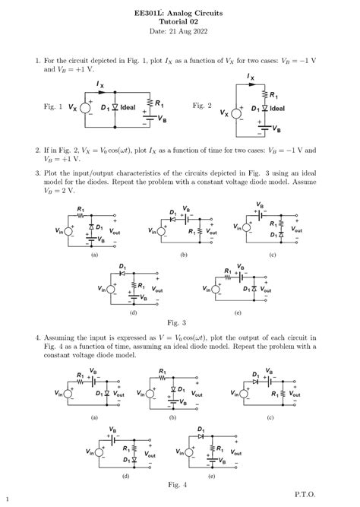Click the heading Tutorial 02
click(x=180, y=22)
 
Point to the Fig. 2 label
click(x=202, y=106)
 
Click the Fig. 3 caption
click(x=180, y=322)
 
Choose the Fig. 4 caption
click(x=180, y=484)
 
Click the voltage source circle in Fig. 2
click(x=236, y=113)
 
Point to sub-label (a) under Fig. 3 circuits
click(x=94, y=255)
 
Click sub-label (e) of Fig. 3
click(x=238, y=312)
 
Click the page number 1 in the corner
click(x=5, y=499)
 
